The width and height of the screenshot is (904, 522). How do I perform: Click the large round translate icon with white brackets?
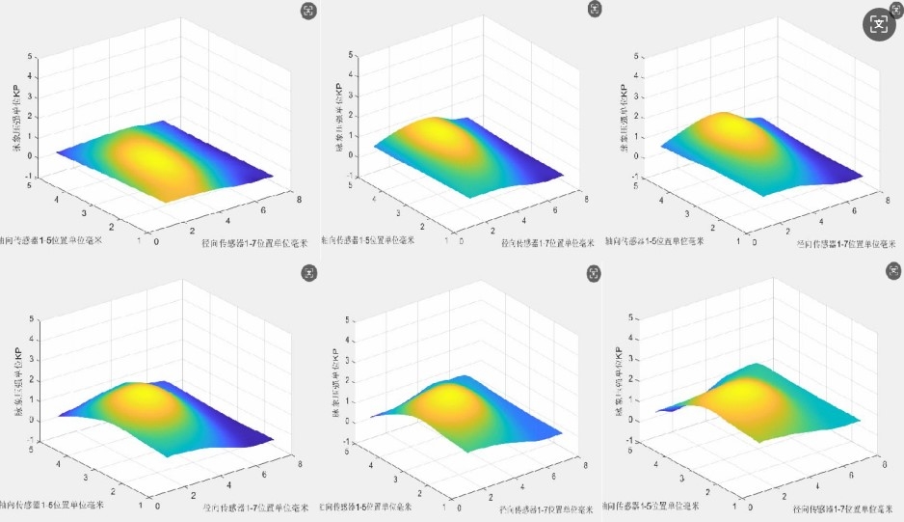tap(878, 24)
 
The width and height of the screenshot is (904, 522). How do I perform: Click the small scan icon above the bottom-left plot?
tap(307, 275)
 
